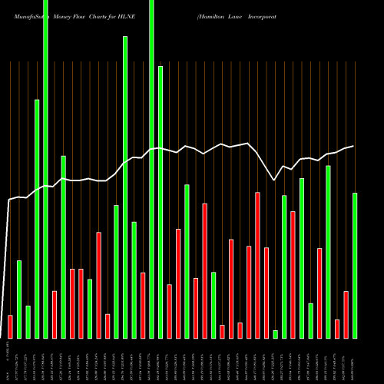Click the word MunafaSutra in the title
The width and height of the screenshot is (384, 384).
26,15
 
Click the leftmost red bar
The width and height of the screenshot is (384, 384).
10,326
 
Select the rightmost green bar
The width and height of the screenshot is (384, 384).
355,265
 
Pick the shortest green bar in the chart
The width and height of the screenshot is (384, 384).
276,334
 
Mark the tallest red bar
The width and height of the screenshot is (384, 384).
257,265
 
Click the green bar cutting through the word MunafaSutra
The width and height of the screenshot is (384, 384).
45,169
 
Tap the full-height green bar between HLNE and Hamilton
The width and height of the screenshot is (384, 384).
151,169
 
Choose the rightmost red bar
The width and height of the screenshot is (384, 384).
346,315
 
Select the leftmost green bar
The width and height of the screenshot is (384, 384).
19,300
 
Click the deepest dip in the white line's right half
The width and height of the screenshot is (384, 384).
275,180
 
